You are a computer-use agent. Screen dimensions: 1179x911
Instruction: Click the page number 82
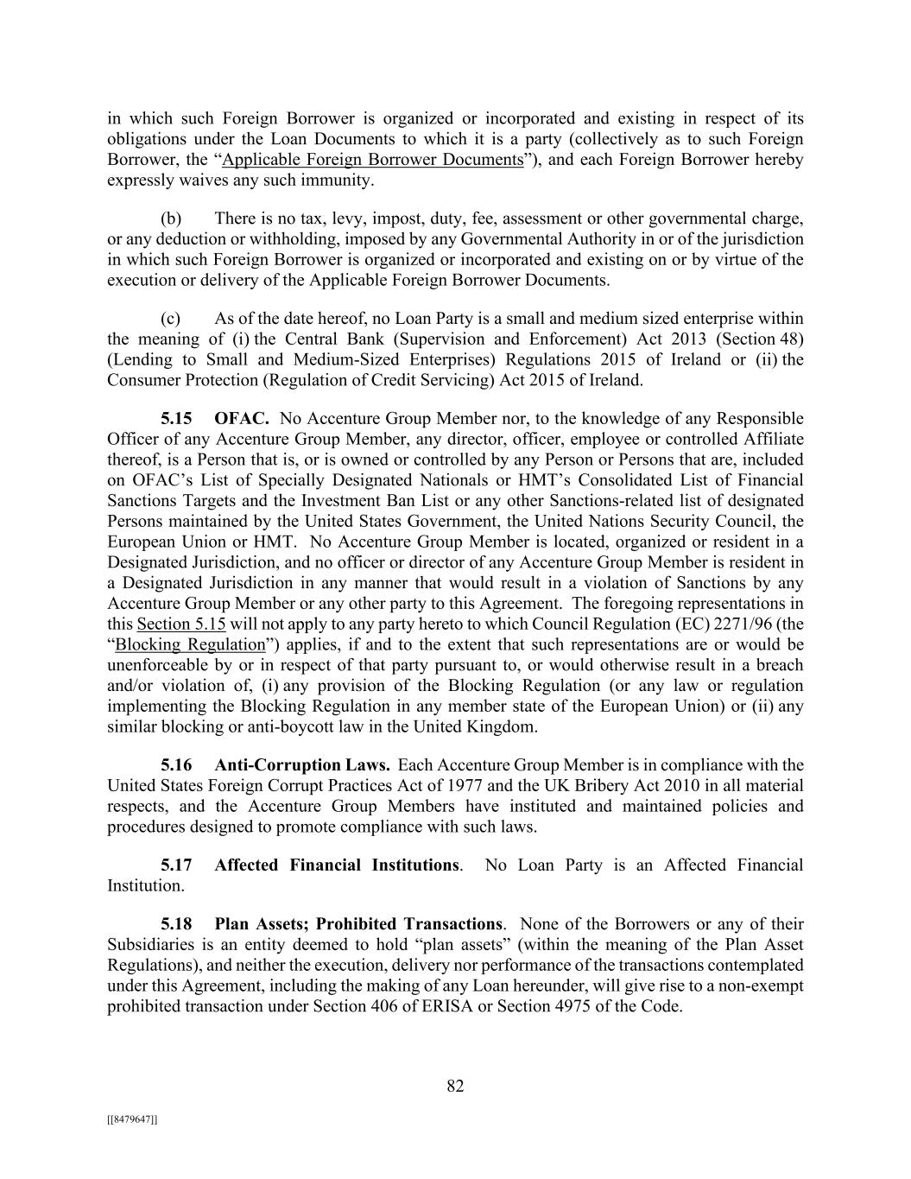click(x=455, y=1087)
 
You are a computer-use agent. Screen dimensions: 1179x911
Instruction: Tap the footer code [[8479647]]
click(x=132, y=1119)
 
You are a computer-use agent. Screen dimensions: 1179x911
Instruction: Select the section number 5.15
click(x=176, y=419)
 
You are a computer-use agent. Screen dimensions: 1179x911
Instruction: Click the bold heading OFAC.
click(x=242, y=419)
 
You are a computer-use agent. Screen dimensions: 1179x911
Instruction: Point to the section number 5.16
click(x=176, y=765)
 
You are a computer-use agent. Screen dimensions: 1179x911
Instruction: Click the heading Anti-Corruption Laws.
click(x=301, y=765)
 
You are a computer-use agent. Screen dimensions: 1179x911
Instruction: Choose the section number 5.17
click(x=176, y=865)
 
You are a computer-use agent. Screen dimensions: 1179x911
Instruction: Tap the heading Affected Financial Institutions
click(x=337, y=865)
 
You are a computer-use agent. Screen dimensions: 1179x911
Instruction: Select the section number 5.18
click(x=176, y=924)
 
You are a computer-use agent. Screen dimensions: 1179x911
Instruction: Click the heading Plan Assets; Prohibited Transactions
click(x=358, y=924)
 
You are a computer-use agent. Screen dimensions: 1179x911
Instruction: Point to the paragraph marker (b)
click(x=170, y=219)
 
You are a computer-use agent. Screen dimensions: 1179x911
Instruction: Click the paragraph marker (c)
click(x=170, y=319)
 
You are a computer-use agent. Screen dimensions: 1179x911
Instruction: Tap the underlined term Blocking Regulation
click(x=190, y=644)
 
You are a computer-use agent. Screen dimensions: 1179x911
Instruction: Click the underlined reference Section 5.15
click(x=181, y=624)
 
